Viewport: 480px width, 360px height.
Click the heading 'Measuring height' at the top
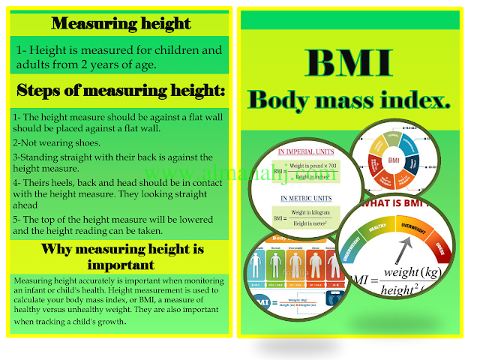(x=121, y=23)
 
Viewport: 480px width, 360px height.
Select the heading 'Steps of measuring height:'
(x=121, y=91)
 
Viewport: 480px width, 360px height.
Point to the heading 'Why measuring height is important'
(x=121, y=256)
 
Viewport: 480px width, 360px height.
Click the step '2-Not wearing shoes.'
(x=54, y=142)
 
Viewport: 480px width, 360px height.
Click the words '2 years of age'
(x=118, y=64)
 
